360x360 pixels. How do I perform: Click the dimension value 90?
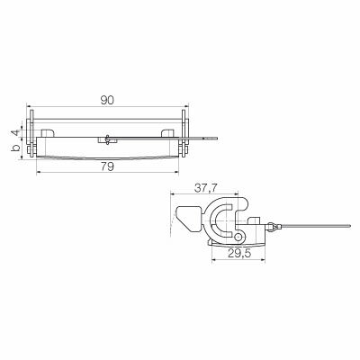click(x=108, y=101)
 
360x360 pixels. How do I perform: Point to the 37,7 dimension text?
click(x=206, y=188)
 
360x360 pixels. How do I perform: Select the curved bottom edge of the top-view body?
click(x=108, y=156)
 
